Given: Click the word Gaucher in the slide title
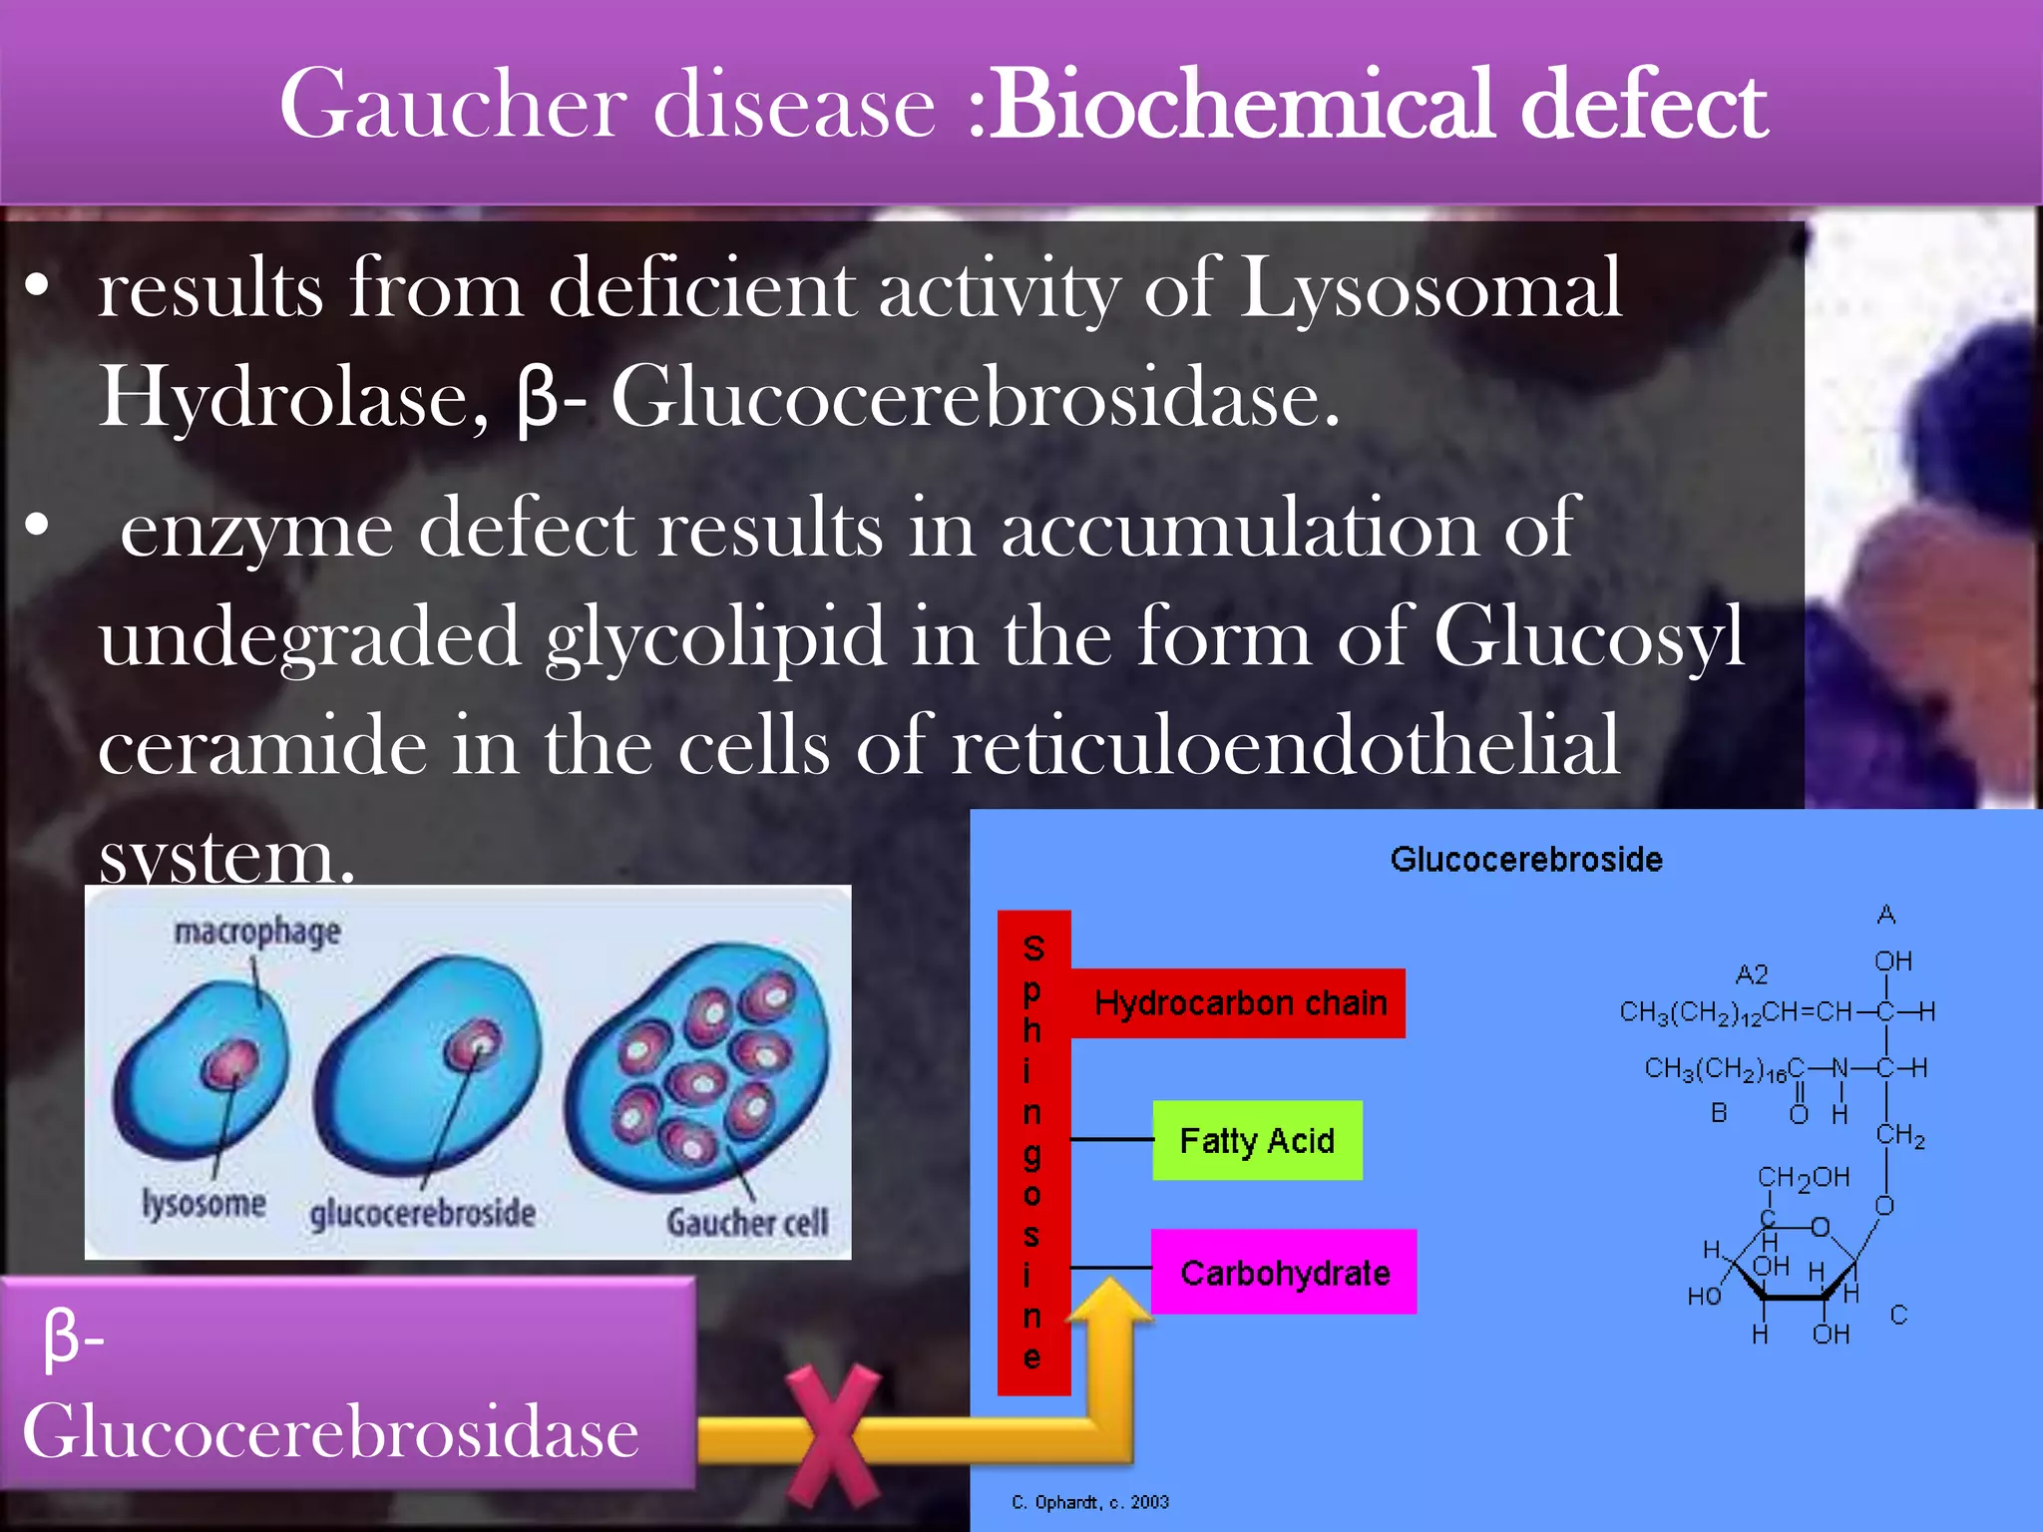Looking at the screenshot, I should [x=455, y=104].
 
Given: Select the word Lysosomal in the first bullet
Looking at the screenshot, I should [x=1430, y=289].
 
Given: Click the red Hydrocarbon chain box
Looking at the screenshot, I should [x=1239, y=1002].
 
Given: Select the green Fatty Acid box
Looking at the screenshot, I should [x=1257, y=1140].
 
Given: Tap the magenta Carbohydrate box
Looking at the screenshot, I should [x=1285, y=1273].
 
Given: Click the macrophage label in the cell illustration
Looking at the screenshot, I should [x=257, y=932].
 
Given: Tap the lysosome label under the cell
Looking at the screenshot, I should [x=204, y=1204].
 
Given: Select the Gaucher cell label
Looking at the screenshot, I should [x=747, y=1222].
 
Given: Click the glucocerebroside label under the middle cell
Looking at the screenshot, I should [x=422, y=1214].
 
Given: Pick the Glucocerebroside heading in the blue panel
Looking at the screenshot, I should [x=1526, y=860].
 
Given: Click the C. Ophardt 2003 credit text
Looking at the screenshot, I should [x=1089, y=1502].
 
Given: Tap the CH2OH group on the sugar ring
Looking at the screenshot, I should [x=1803, y=1178].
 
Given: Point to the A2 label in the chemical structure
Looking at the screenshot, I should [x=1752, y=974].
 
